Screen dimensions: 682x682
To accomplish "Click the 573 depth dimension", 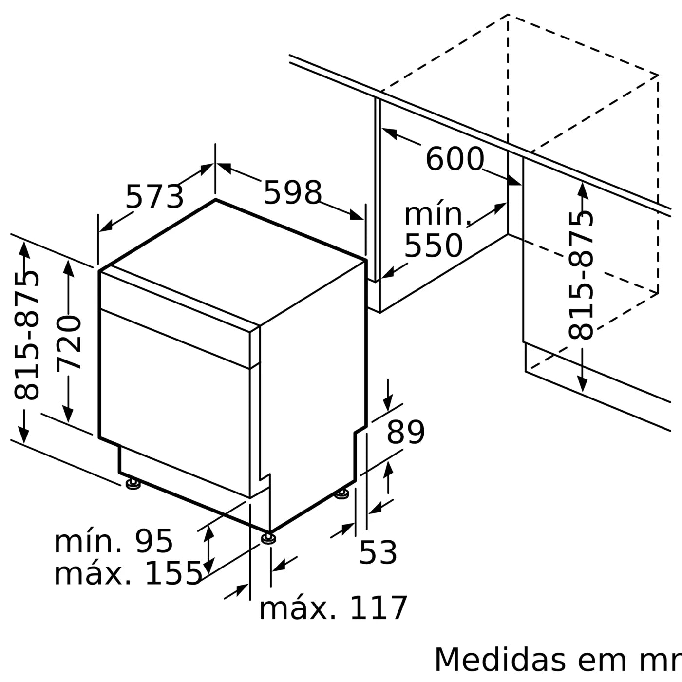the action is (154, 196).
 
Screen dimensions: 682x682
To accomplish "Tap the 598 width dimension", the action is (293, 192).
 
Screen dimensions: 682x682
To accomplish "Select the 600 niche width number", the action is (455, 159).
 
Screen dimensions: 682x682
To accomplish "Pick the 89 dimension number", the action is (406, 432).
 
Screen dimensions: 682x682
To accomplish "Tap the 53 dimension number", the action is (378, 552).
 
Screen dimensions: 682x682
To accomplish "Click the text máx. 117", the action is (333, 608).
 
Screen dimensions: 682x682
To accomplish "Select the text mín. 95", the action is (113, 541).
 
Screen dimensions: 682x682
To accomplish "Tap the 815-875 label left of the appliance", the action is (26, 335).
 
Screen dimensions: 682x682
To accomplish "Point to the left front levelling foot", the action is (133, 485).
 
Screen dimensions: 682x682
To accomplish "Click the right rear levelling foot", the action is (342, 493).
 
